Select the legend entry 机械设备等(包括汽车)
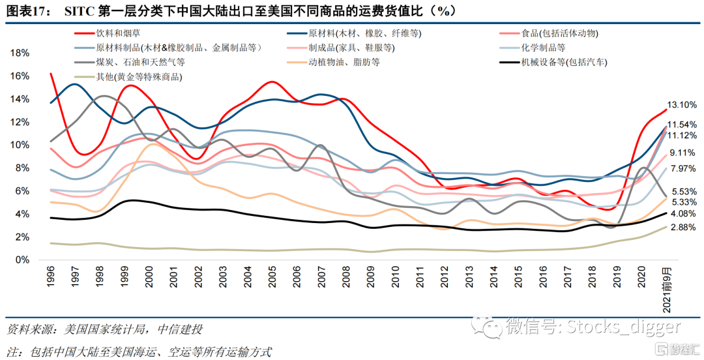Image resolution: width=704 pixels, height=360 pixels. click(564, 63)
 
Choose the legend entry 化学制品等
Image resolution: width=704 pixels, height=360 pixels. click(542, 48)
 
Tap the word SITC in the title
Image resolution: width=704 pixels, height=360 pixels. click(80, 11)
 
